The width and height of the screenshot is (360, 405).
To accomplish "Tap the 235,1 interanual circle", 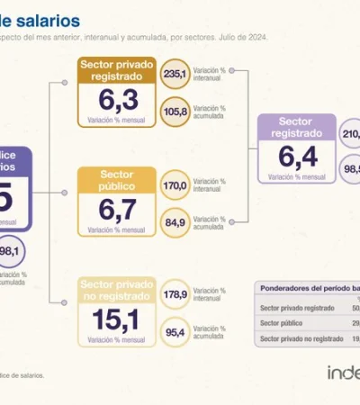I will pyautogui.click(x=175, y=76).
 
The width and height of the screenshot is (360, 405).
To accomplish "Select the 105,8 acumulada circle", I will pyautogui.click(x=175, y=112).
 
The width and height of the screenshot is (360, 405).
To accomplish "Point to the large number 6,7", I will pyautogui.click(x=115, y=209).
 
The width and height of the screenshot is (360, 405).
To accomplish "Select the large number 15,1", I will pyautogui.click(x=115, y=319).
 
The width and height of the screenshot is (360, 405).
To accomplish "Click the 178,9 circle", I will pyautogui.click(x=175, y=294).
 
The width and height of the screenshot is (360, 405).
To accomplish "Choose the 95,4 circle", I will pyautogui.click(x=175, y=332).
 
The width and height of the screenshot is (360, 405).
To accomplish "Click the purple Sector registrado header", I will pyautogui.click(x=296, y=127).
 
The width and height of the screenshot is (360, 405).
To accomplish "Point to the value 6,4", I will pyautogui.click(x=296, y=157).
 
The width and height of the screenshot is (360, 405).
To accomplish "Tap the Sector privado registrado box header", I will pyautogui.click(x=115, y=70).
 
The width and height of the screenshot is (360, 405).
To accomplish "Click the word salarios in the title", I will pyautogui.click(x=53, y=20).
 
